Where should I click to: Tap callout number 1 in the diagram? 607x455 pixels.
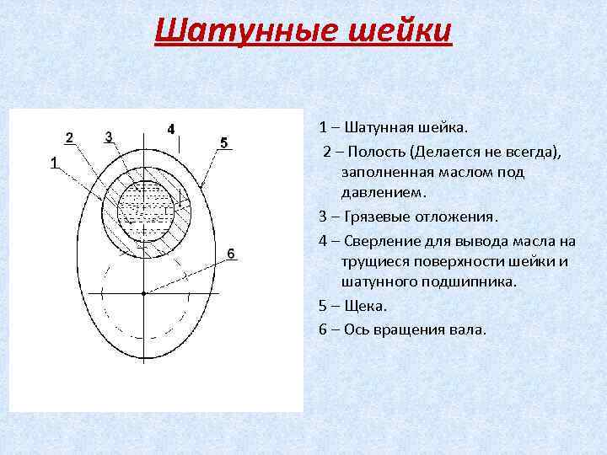[x=53, y=163]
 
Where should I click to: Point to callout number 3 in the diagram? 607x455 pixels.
[x=109, y=136]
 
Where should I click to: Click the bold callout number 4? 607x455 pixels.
[x=171, y=129]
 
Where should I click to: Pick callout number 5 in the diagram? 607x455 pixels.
[x=223, y=142]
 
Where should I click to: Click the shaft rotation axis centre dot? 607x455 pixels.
[x=144, y=292]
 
